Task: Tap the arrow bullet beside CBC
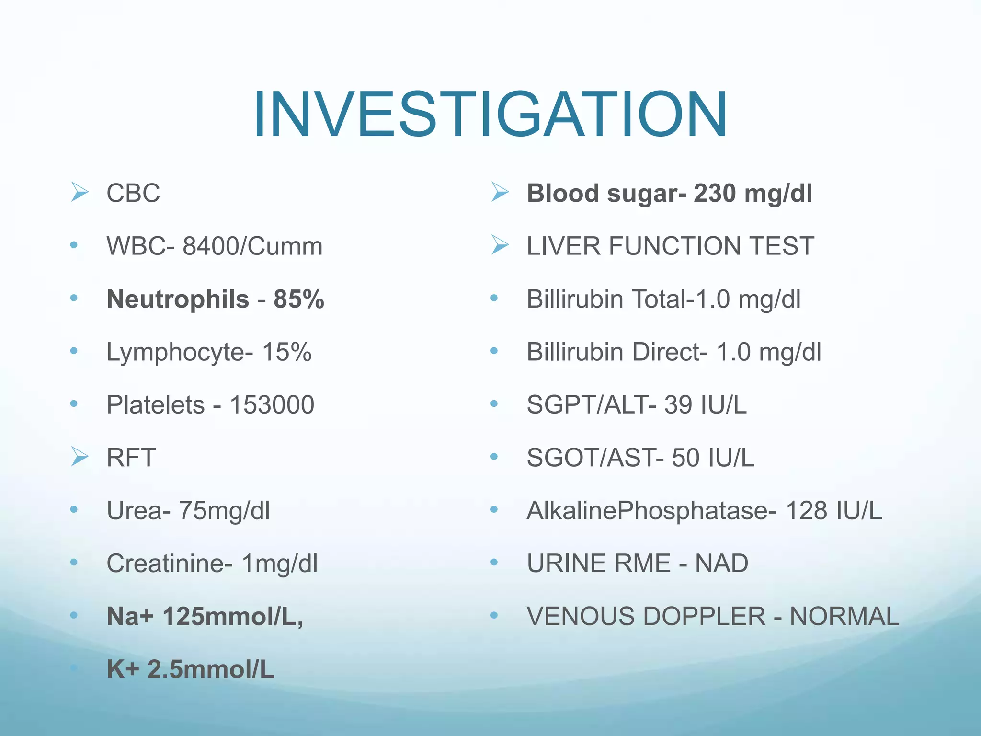pos(80,192)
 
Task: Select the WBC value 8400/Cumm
pos(252,246)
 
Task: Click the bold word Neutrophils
pos(178,299)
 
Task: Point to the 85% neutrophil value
pos(299,299)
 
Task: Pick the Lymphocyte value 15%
pos(286,352)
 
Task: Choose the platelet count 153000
pos(272,405)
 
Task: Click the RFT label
pos(131,458)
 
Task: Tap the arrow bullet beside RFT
pos(80,456)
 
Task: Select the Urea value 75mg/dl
pos(224,511)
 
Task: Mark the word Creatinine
pos(165,563)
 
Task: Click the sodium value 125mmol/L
pos(233,617)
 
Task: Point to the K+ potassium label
pos(123,669)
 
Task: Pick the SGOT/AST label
pos(591,458)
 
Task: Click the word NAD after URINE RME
pos(721,563)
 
